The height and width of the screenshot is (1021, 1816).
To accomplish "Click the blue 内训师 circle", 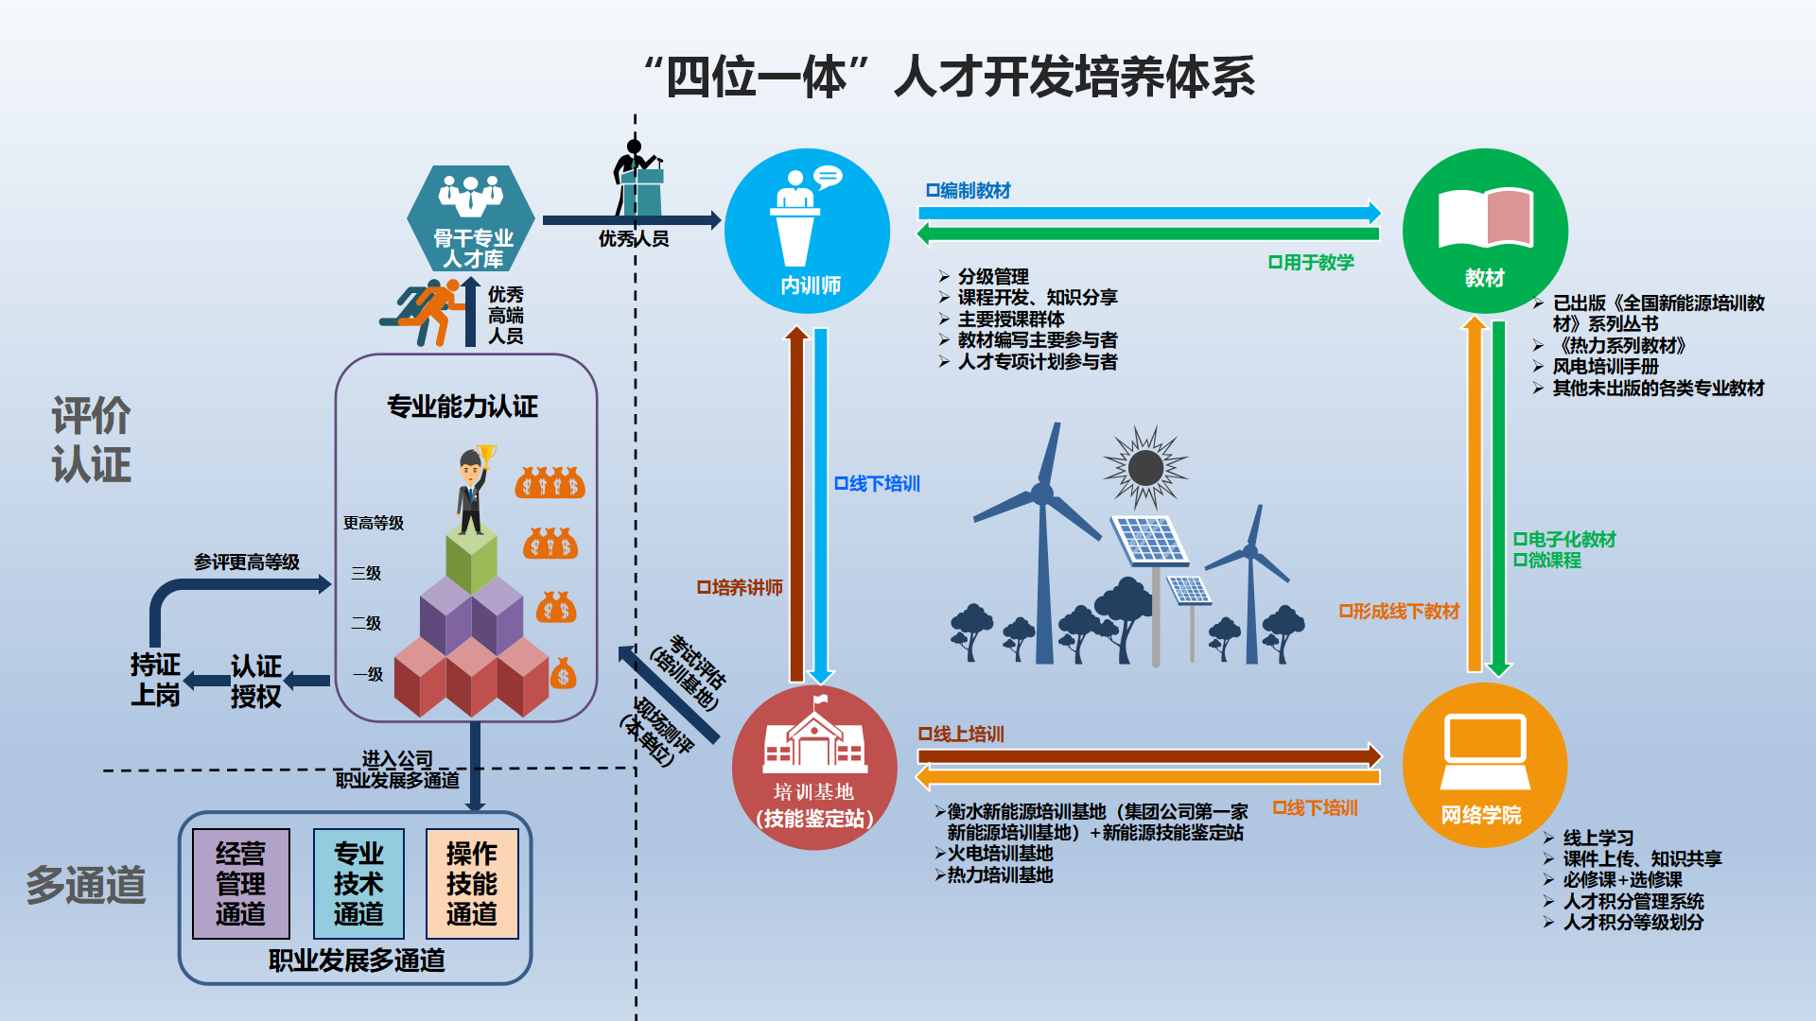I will pos(807,232).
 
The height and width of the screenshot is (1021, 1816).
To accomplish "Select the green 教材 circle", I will pos(1484,232).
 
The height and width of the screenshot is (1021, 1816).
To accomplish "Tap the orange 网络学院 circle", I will pos(1484,766).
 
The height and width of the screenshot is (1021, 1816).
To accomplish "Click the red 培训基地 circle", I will pos(814,768).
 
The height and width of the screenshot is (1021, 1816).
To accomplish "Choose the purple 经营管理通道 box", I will pos(240,884).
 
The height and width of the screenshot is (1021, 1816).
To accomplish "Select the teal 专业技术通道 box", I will pos(358,884).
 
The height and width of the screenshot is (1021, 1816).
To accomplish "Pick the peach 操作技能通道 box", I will pos(472,884).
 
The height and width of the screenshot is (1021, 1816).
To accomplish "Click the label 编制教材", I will pos(969,191).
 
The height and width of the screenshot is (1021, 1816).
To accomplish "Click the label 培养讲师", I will pos(740,588).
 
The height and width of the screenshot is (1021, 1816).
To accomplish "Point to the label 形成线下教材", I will pos(1399,612).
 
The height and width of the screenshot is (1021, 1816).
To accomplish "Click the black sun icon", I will pos(1145,467).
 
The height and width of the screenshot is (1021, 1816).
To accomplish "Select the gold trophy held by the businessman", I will pos(487,455).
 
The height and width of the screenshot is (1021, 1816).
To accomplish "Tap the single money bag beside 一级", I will pos(563,673).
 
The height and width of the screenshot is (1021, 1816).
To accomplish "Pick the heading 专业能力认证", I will pos(463,407).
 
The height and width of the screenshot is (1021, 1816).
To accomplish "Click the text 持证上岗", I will pos(155,680).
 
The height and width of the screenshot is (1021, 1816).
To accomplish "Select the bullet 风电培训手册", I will pos(1605,367).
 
